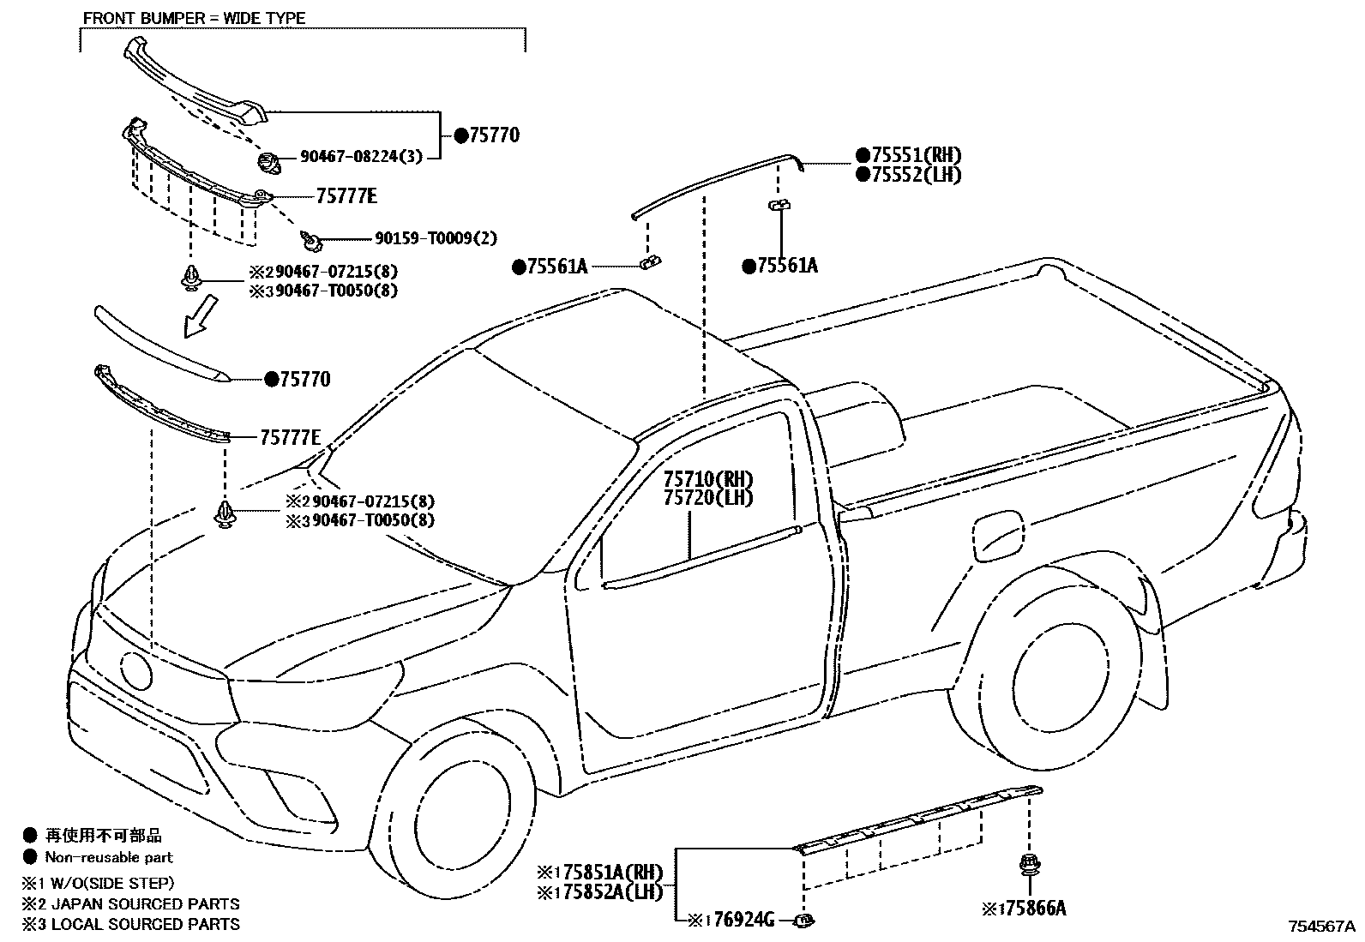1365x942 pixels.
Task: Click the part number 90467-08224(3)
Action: click(x=361, y=157)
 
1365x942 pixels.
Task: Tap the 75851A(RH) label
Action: click(x=607, y=873)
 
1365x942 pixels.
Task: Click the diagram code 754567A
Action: click(x=1321, y=927)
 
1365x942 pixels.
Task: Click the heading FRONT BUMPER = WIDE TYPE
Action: click(x=194, y=18)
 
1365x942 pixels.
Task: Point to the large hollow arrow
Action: click(x=201, y=315)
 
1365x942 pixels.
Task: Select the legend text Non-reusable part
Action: click(x=109, y=857)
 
